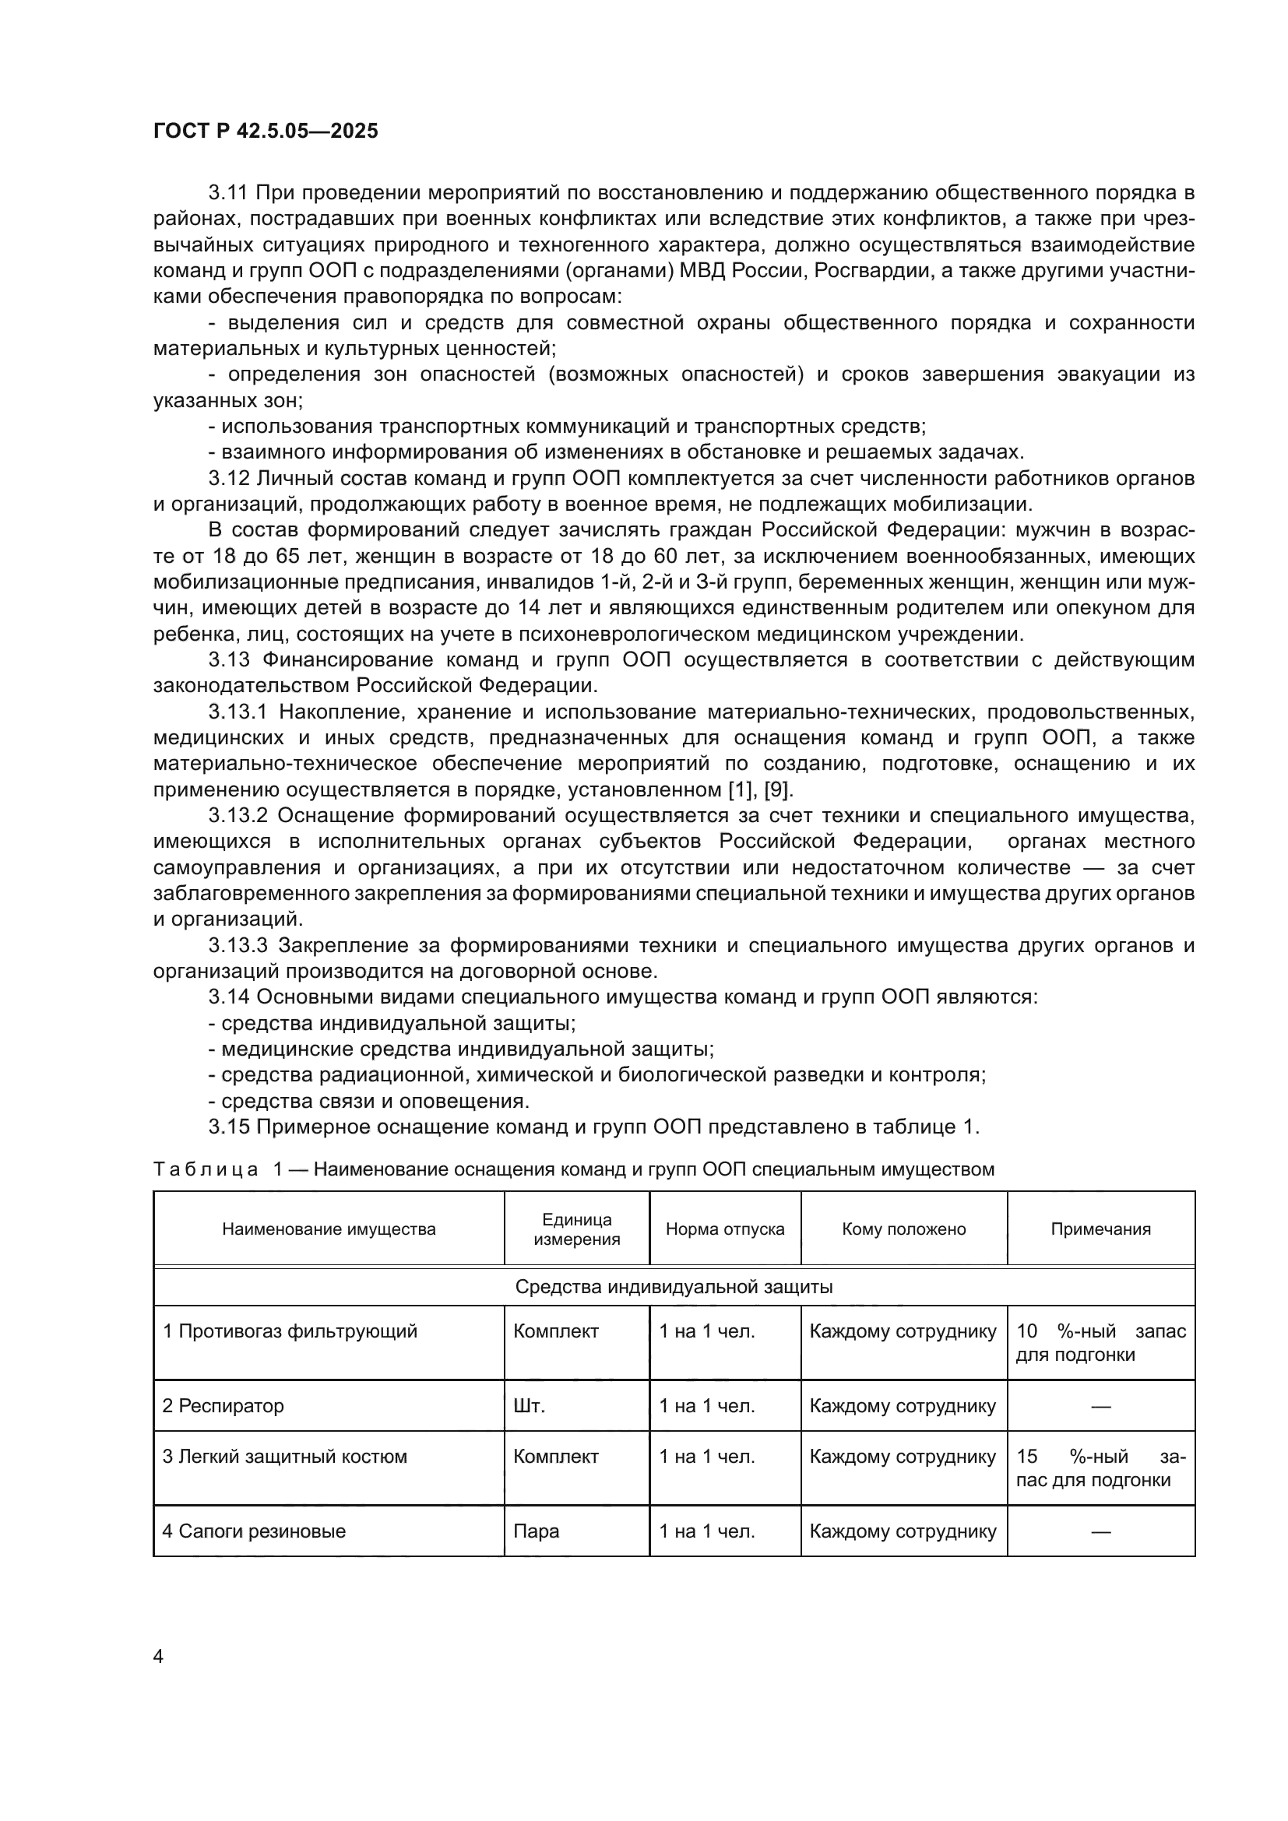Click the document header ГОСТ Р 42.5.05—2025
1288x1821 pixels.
(x=266, y=131)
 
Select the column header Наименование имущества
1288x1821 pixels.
(x=329, y=1229)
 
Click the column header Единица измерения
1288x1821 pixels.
(x=576, y=1229)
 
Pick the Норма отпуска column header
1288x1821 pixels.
(x=725, y=1229)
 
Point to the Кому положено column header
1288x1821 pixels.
(x=903, y=1229)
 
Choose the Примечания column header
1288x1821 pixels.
(x=1100, y=1229)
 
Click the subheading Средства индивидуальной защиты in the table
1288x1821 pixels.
(x=674, y=1286)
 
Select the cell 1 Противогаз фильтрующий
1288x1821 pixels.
(x=290, y=1331)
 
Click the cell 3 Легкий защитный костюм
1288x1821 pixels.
(x=285, y=1456)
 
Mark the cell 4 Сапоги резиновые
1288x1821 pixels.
(x=254, y=1531)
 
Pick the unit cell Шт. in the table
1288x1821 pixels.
(x=529, y=1406)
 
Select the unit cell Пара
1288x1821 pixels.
(x=536, y=1531)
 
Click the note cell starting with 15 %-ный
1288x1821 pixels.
(x=1100, y=1468)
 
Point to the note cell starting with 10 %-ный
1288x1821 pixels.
(x=1100, y=1343)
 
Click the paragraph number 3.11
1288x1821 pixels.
(x=228, y=193)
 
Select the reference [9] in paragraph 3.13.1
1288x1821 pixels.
(x=779, y=790)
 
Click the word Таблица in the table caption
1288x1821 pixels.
(x=206, y=1169)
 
